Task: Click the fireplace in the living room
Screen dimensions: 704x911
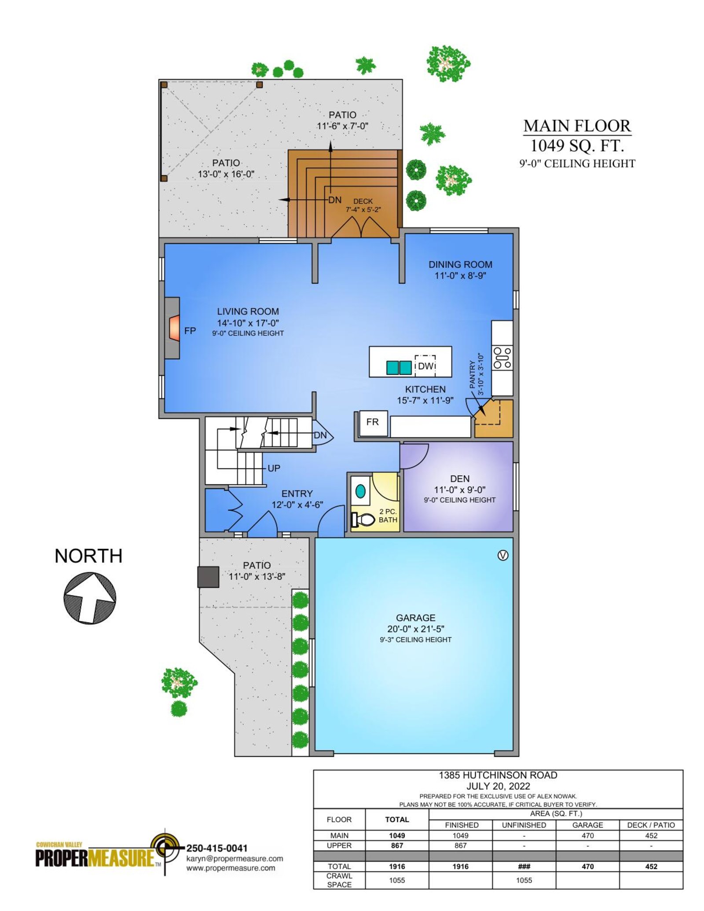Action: coord(172,328)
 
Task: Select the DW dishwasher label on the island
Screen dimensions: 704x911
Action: coord(425,366)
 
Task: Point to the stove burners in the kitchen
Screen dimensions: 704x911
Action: coord(502,358)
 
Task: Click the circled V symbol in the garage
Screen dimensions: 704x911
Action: coord(503,556)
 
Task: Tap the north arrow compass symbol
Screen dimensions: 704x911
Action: coord(90,598)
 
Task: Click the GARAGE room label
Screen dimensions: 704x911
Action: coord(415,618)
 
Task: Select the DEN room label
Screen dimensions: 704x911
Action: coord(460,479)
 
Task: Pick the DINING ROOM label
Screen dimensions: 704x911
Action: coord(460,264)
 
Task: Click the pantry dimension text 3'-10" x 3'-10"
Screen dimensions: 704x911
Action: coord(481,374)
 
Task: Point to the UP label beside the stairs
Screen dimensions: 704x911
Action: coord(274,468)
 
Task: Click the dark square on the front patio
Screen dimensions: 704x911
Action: coord(208,577)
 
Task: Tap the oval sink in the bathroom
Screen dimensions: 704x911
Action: coord(360,490)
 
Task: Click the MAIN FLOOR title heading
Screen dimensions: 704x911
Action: coord(577,126)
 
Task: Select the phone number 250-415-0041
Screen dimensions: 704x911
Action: coord(216,848)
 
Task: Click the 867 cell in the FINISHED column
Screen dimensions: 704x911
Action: coord(461,845)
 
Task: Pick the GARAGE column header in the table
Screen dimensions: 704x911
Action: coord(587,825)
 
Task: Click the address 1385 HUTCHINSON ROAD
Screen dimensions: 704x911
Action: coord(498,775)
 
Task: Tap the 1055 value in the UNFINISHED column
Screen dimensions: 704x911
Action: coord(524,880)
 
